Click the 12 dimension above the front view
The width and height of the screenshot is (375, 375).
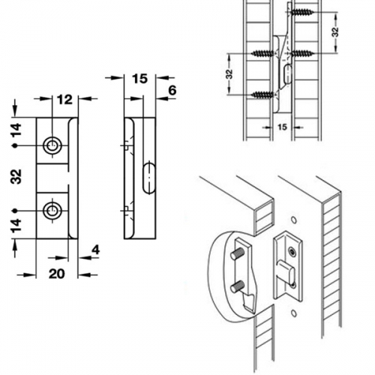[x=64, y=100]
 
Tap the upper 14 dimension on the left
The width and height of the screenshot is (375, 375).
[x=16, y=130]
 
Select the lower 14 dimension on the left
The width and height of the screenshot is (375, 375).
[x=16, y=226]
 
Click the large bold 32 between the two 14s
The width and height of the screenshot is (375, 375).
[x=16, y=176]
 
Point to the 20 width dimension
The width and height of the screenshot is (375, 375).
[x=57, y=274]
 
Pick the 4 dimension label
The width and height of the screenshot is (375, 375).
[x=96, y=250]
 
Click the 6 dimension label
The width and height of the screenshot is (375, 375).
[x=172, y=90]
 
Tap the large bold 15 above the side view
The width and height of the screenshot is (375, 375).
[x=139, y=79]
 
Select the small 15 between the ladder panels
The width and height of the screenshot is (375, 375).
[x=282, y=127]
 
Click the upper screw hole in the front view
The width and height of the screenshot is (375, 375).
[x=52, y=145]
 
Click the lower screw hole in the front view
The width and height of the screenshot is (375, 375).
[x=52, y=211]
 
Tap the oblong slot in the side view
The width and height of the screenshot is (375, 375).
[x=149, y=178]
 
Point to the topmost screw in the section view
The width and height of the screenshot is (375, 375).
[x=302, y=12]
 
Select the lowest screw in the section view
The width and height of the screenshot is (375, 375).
[x=262, y=94]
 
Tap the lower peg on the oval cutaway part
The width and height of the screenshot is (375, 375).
[x=238, y=286]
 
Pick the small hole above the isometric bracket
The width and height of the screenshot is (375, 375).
[x=294, y=220]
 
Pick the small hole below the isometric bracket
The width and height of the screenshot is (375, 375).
[x=294, y=313]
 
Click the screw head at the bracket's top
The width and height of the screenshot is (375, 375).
[x=292, y=252]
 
